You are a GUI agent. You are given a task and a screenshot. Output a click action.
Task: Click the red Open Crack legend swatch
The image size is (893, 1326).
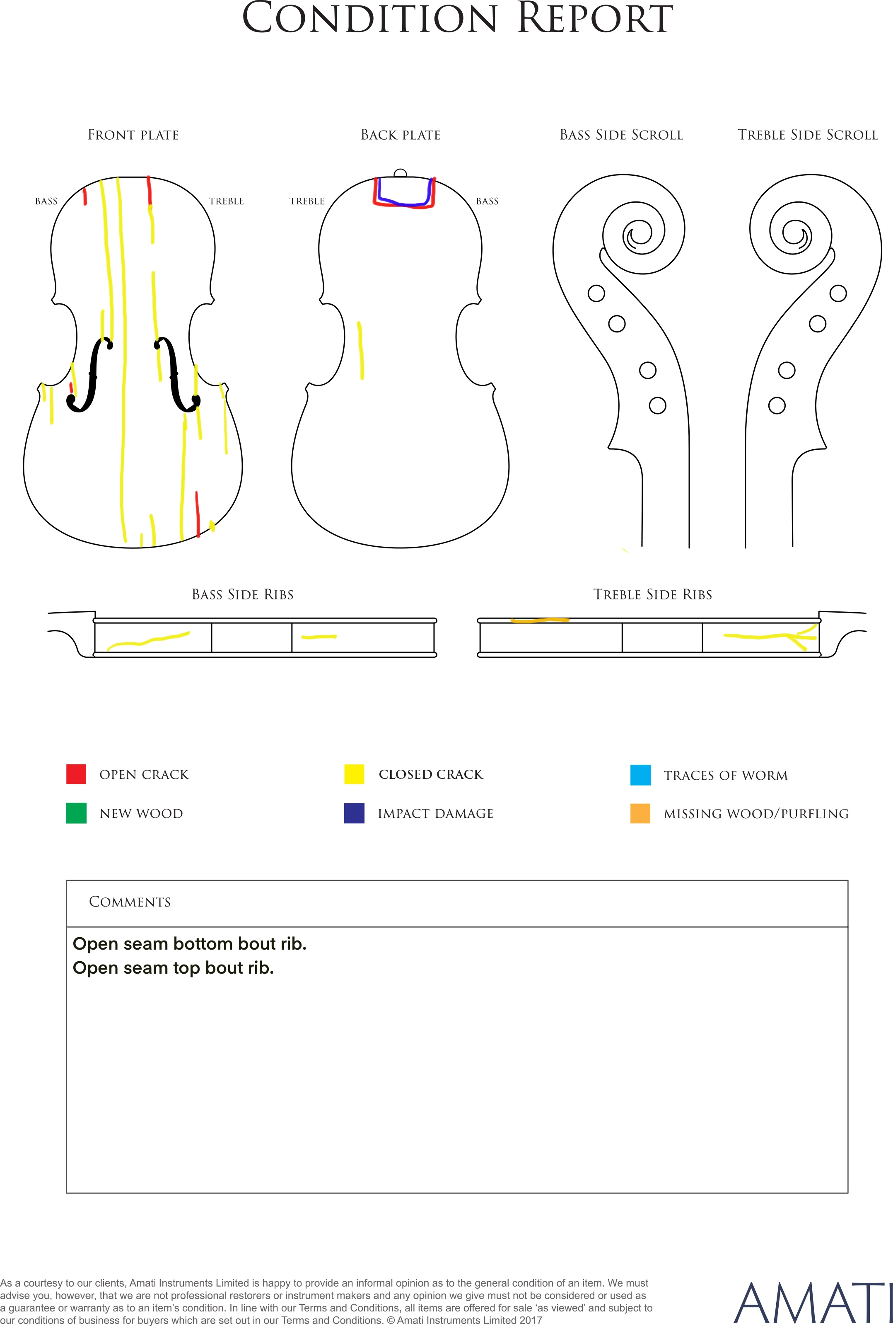76,774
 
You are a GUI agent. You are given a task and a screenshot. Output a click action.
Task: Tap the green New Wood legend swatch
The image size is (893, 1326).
76,813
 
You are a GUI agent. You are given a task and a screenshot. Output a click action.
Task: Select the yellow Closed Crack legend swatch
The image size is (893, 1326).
354,774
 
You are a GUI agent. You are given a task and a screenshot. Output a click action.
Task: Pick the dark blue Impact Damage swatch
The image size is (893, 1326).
354,813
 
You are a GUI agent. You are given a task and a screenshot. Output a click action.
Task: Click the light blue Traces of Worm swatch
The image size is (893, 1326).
641,775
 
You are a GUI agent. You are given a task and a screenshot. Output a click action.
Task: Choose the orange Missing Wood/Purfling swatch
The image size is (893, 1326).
640,813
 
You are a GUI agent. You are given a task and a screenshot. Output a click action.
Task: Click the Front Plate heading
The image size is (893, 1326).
133,135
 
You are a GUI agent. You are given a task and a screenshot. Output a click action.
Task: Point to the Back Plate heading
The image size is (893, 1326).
401,135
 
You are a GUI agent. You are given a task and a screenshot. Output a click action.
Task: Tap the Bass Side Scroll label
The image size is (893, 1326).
621,135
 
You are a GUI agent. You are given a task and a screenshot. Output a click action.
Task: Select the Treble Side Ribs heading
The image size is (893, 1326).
653,594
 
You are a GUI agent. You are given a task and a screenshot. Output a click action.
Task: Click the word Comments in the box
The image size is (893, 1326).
130,902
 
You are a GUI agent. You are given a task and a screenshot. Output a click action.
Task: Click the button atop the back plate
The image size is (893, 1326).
401,173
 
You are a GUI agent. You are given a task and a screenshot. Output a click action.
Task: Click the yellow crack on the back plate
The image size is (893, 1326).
360,350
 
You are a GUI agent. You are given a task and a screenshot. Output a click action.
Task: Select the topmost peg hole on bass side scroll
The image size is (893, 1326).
596,293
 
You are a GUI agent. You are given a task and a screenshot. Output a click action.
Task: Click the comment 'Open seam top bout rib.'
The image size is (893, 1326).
173,967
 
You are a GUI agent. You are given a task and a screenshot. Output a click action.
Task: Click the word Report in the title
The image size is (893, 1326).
595,18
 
